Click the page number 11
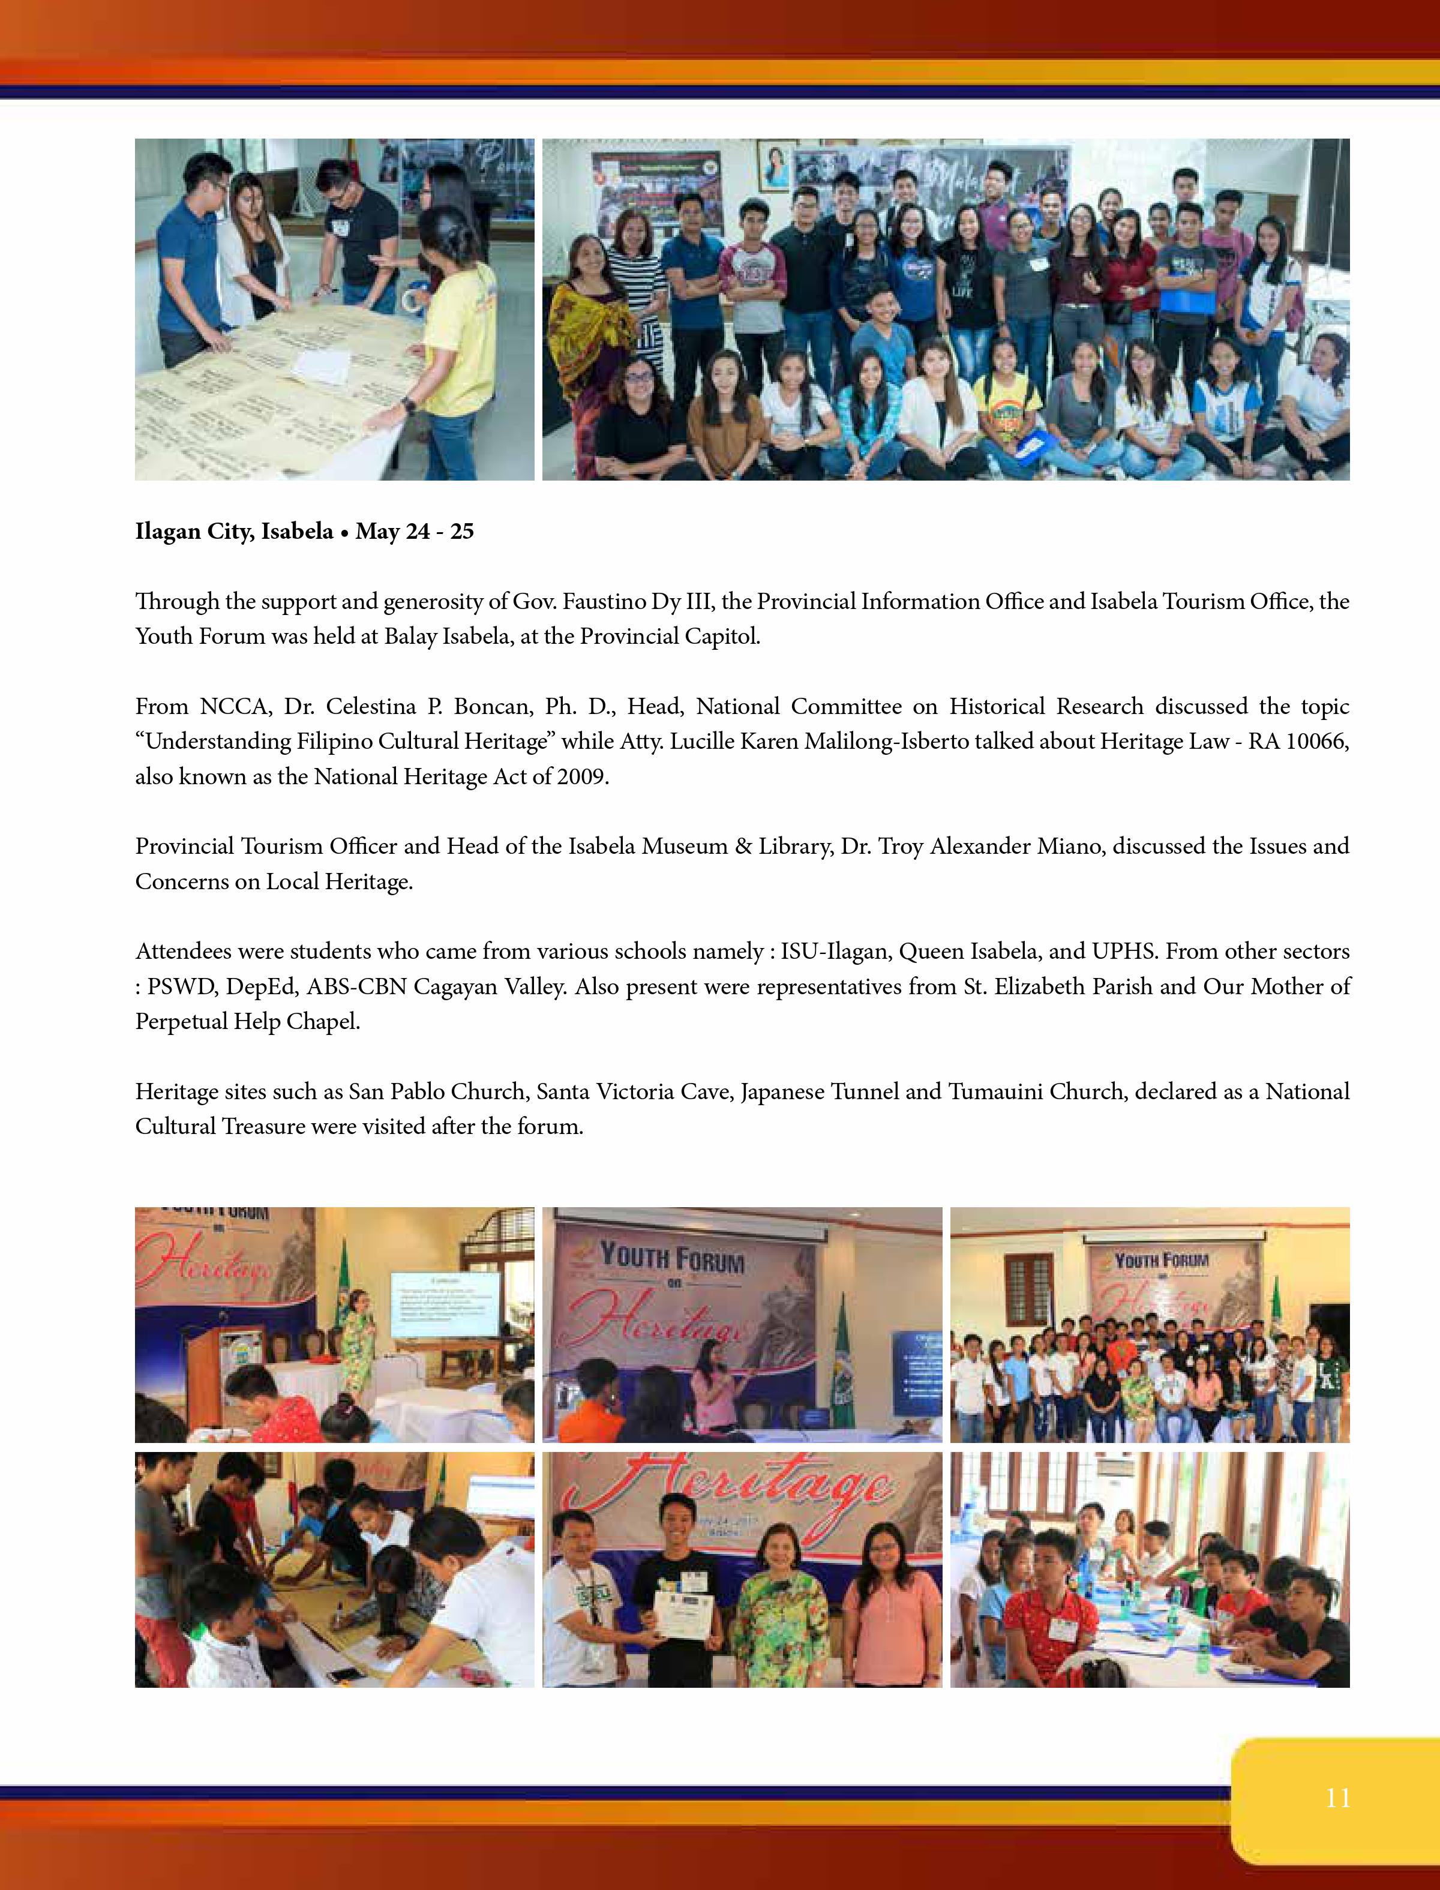click(1337, 1798)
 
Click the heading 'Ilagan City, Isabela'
click(233, 532)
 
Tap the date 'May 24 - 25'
click(415, 532)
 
